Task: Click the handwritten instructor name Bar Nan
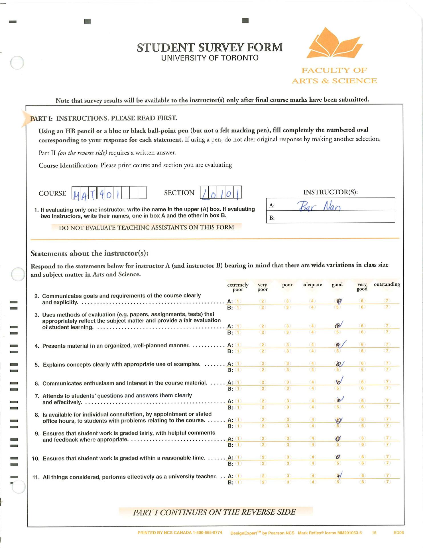click(319, 206)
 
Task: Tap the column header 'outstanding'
click(387, 284)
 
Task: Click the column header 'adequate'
click(312, 285)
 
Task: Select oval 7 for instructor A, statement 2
click(387, 301)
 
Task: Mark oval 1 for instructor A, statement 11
click(238, 476)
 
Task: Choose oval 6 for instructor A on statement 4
click(362, 345)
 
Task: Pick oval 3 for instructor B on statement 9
click(288, 445)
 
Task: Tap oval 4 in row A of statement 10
click(313, 457)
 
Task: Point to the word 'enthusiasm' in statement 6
click(98, 383)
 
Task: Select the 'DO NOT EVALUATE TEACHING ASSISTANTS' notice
click(146, 227)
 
